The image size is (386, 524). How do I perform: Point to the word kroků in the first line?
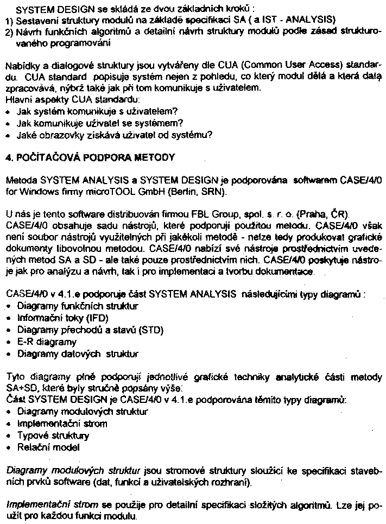click(x=239, y=10)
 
